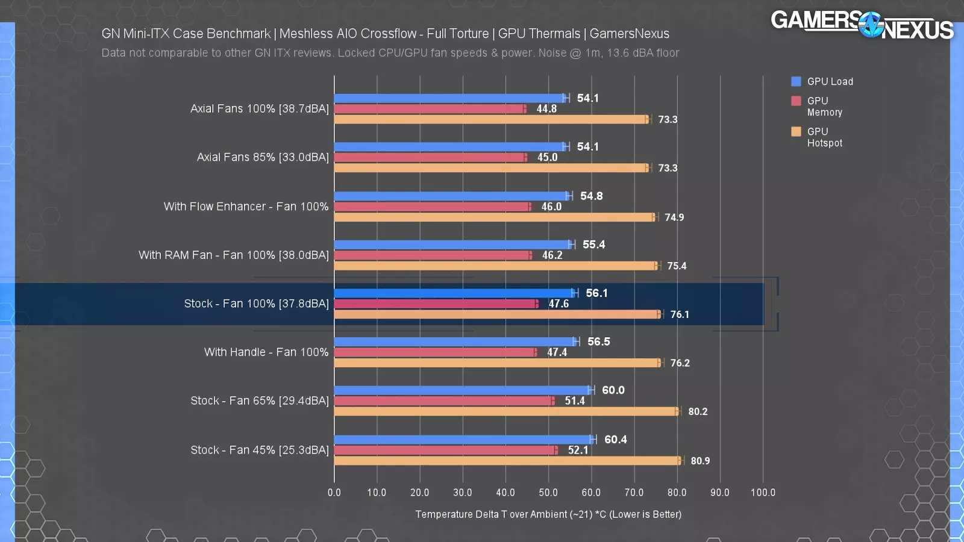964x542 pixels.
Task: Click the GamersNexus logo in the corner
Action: (862, 25)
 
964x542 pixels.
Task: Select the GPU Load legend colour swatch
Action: (796, 81)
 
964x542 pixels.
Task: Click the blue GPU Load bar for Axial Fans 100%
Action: (449, 98)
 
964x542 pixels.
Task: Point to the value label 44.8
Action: (546, 109)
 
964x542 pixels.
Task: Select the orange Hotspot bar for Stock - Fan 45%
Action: (506, 461)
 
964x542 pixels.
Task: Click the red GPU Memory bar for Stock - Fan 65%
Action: (443, 401)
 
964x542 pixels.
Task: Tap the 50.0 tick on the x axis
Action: (548, 493)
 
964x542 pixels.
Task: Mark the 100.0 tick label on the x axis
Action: (763, 493)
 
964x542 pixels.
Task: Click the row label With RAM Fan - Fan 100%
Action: (234, 255)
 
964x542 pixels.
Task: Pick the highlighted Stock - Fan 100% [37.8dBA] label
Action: (257, 304)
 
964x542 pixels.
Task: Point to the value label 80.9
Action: (700, 461)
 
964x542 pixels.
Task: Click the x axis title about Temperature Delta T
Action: (548, 514)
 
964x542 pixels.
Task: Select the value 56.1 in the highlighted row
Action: (596, 293)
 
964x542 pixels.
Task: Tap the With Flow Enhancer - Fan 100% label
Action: (246, 207)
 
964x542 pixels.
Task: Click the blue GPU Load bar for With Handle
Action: (455, 342)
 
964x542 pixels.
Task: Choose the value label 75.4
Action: (677, 266)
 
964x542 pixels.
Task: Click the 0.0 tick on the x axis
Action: (334, 493)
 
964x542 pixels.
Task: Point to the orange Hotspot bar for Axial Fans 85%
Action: (491, 168)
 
